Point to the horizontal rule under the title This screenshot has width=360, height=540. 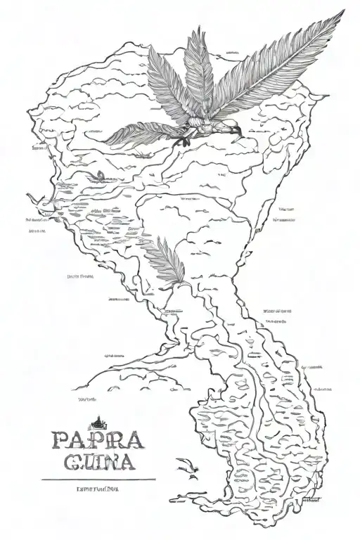pos(99,480)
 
